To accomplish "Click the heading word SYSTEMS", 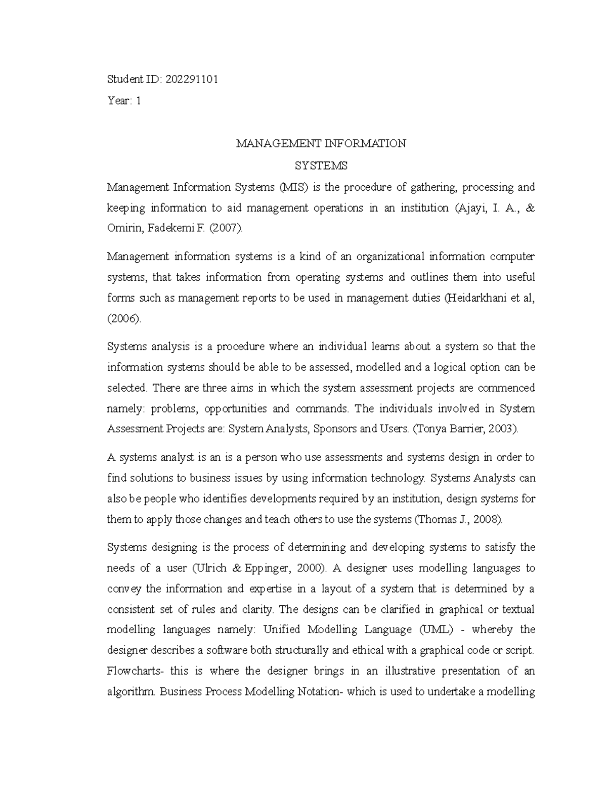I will coord(321,166).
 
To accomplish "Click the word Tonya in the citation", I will coord(429,429).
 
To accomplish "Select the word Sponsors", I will coord(335,429).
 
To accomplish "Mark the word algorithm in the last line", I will coord(131,692).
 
